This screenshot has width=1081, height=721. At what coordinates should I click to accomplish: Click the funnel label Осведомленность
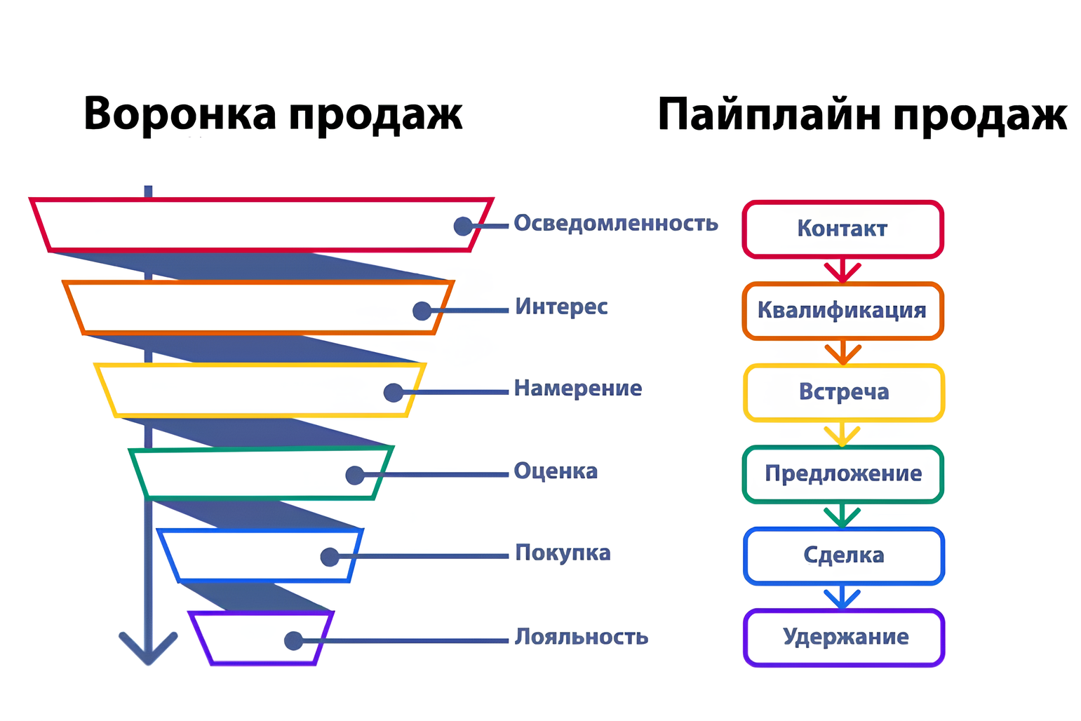click(x=616, y=224)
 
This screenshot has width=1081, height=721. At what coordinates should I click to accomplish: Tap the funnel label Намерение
click(x=577, y=388)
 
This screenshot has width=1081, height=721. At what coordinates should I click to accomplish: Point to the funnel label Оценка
click(x=556, y=471)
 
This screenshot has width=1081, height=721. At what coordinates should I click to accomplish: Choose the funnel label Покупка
click(x=563, y=553)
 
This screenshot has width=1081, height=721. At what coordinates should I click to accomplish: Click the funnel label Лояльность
click(x=581, y=637)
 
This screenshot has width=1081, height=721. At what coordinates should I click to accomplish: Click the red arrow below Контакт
click(x=842, y=270)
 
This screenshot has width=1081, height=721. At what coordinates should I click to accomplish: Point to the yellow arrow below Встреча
click(x=842, y=434)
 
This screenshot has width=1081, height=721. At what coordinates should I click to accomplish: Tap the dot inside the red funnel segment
click(x=463, y=226)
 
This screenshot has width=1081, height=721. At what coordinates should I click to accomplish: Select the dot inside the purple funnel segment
click(x=293, y=641)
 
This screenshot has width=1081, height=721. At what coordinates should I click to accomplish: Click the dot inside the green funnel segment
click(x=355, y=476)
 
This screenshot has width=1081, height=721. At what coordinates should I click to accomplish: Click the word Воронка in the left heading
click(x=180, y=114)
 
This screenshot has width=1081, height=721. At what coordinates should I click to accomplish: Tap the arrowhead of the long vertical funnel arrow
click(x=148, y=649)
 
